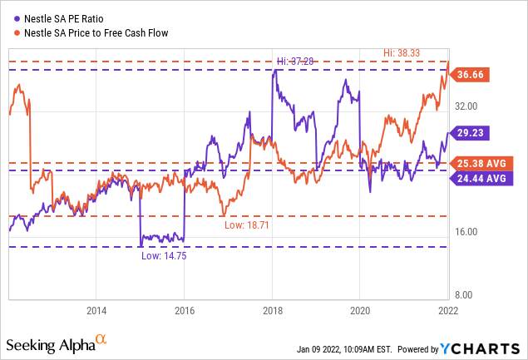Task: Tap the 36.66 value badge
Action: (469, 74)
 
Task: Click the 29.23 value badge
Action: (469, 132)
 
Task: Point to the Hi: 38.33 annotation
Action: (407, 52)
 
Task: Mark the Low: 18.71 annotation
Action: (247, 224)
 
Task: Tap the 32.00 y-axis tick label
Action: (466, 106)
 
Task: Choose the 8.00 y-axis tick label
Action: (466, 294)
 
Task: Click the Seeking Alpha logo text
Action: (50, 344)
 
